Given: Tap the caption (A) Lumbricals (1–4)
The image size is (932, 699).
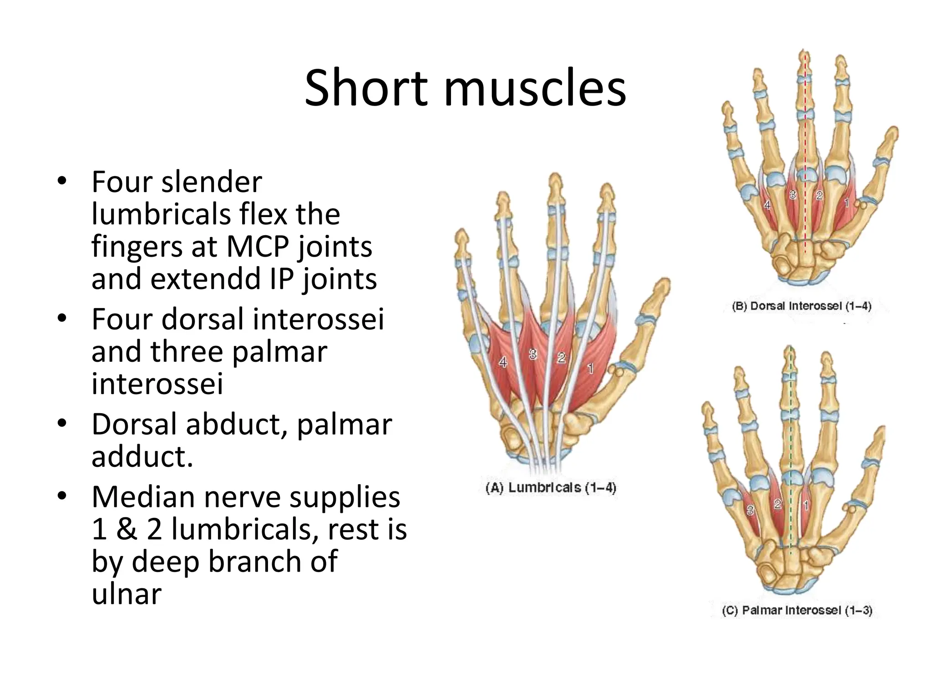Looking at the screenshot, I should click(551, 488).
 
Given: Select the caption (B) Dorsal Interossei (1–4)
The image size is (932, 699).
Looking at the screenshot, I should click(801, 306).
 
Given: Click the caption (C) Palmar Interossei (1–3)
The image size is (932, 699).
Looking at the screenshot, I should click(797, 610).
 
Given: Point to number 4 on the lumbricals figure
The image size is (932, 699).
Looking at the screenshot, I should click(503, 362).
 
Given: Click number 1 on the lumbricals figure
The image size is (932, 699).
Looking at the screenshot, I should click(590, 368).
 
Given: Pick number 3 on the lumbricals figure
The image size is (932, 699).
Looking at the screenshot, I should click(533, 354).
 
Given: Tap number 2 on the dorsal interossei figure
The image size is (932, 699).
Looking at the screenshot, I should click(819, 196).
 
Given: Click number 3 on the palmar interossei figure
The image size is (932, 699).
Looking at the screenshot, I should click(750, 511).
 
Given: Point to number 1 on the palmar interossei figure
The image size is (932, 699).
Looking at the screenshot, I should click(806, 505).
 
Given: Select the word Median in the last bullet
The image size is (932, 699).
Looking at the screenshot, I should click(143, 496).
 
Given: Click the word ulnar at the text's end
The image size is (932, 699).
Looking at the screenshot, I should click(127, 593).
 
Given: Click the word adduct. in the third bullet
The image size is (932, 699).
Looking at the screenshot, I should click(142, 456).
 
